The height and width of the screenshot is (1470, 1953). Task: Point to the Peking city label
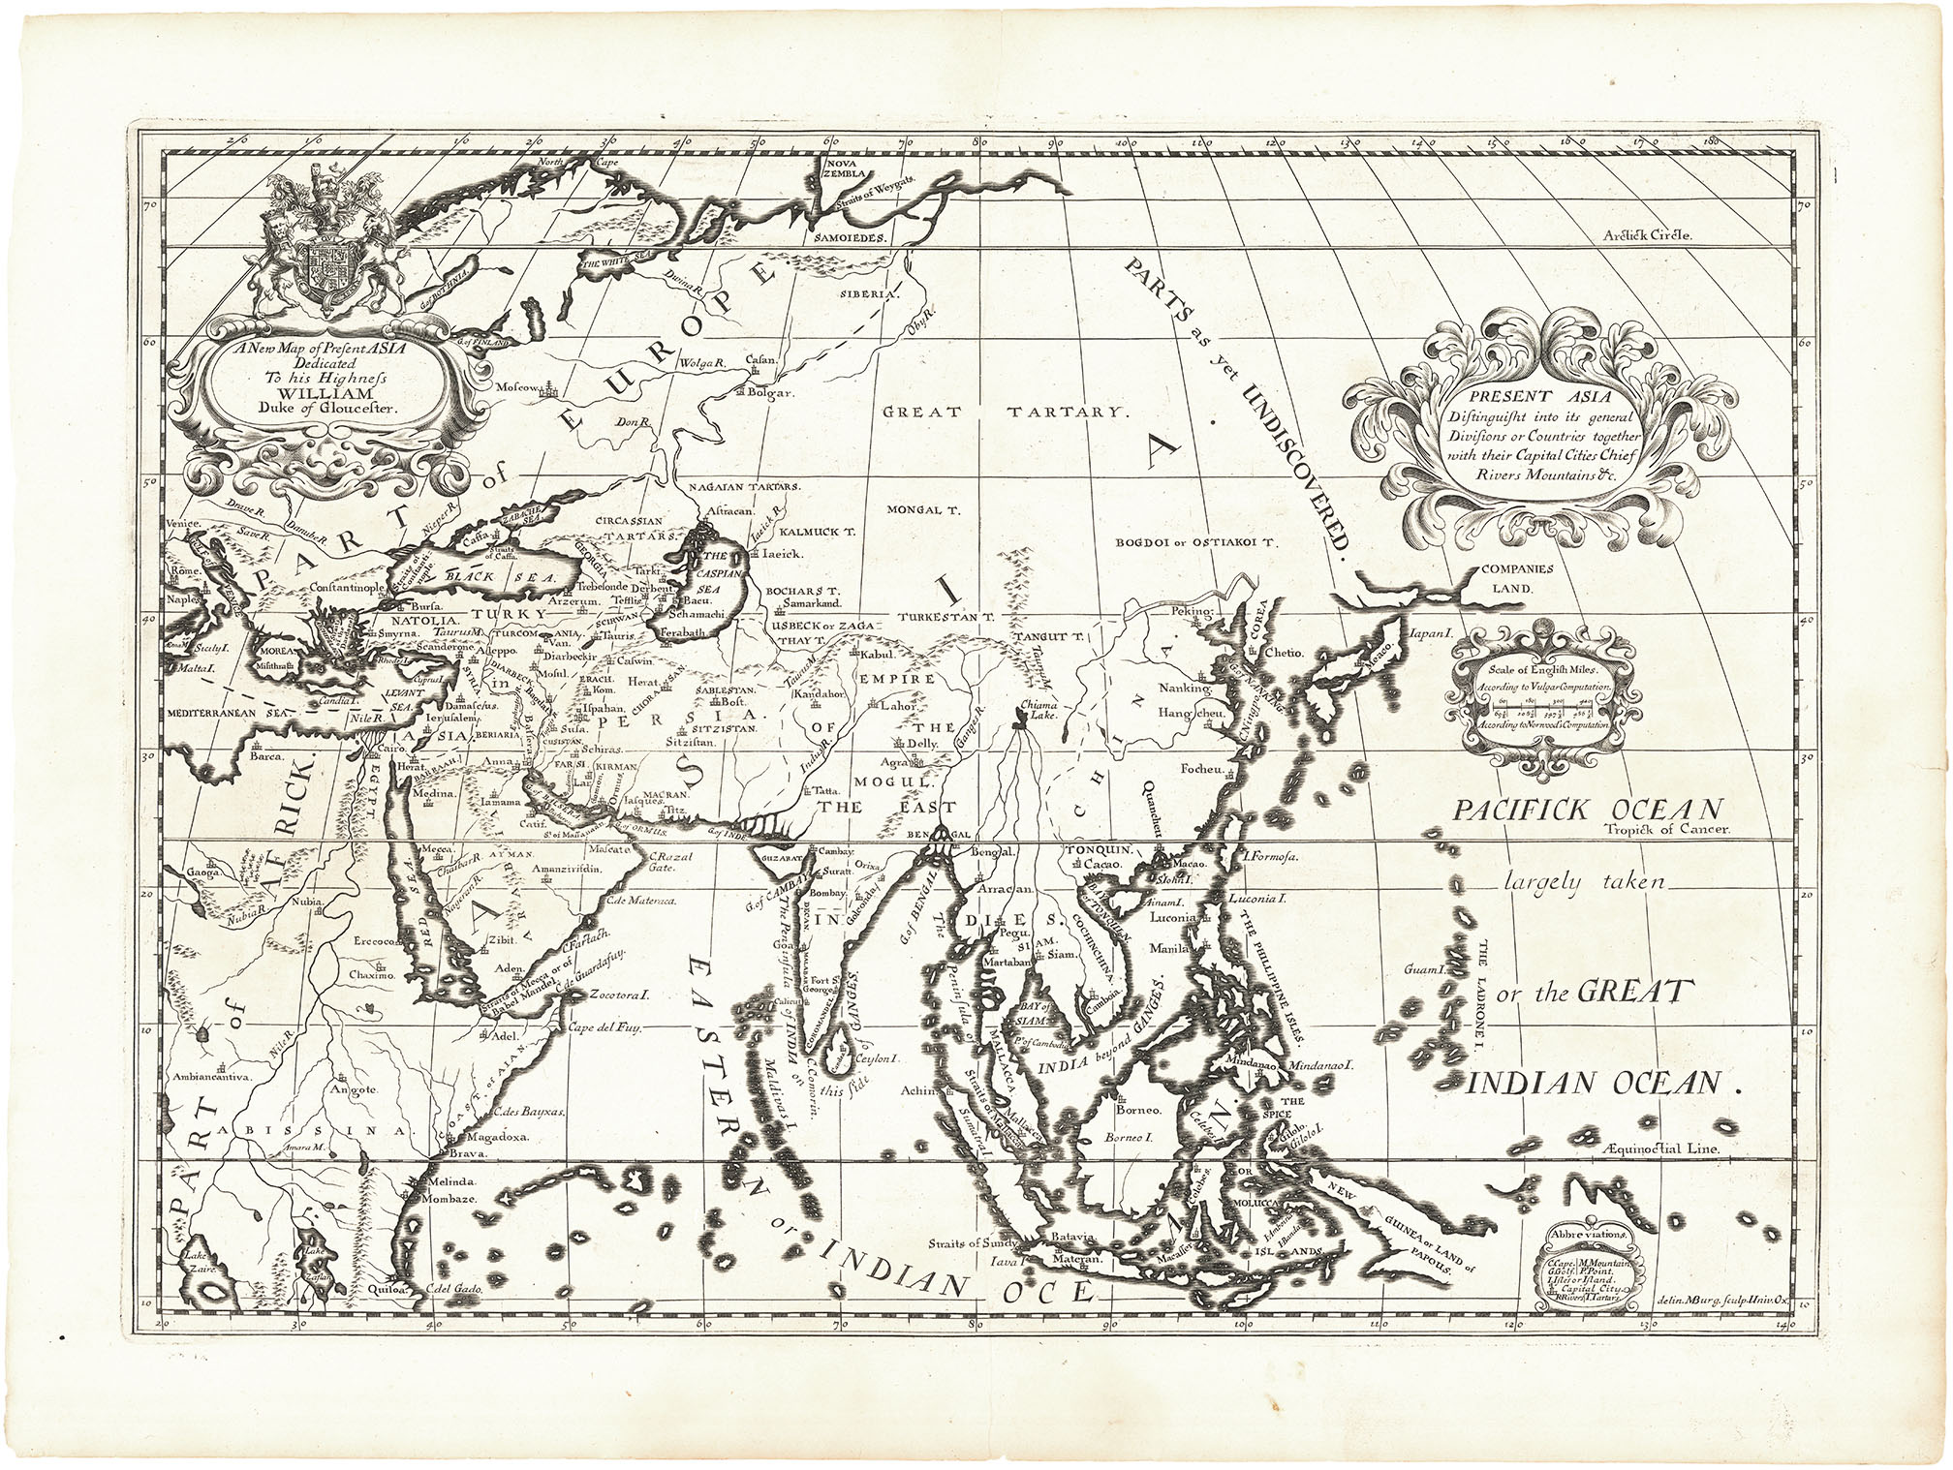(1193, 613)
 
